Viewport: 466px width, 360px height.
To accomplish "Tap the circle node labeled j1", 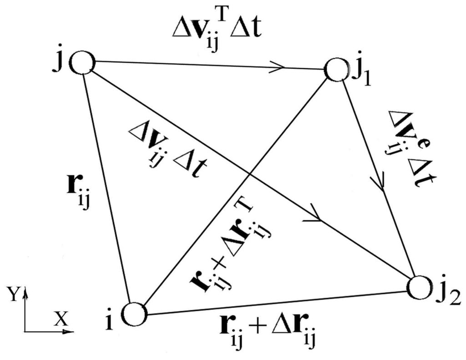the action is pos(337,70).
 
